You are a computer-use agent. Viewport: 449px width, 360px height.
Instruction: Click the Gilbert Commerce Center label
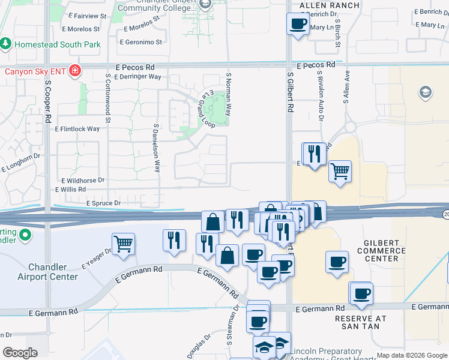[x=381, y=250]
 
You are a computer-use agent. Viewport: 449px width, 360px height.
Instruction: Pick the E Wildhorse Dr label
[x=83, y=180]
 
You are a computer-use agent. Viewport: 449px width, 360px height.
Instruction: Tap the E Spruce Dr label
[x=103, y=203]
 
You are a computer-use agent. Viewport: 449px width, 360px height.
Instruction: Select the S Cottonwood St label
[x=108, y=99]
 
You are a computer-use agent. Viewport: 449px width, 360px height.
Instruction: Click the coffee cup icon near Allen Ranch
[x=298, y=25]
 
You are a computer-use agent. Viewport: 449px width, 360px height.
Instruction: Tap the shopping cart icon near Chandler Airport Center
[x=123, y=244]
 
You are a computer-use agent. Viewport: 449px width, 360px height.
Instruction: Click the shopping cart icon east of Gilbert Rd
[x=340, y=172]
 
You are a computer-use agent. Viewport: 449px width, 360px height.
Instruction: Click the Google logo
[x=20, y=353]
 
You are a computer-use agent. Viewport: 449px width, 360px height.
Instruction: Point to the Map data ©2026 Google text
[x=412, y=355]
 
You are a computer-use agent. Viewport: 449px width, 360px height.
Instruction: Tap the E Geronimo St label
[x=141, y=42]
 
